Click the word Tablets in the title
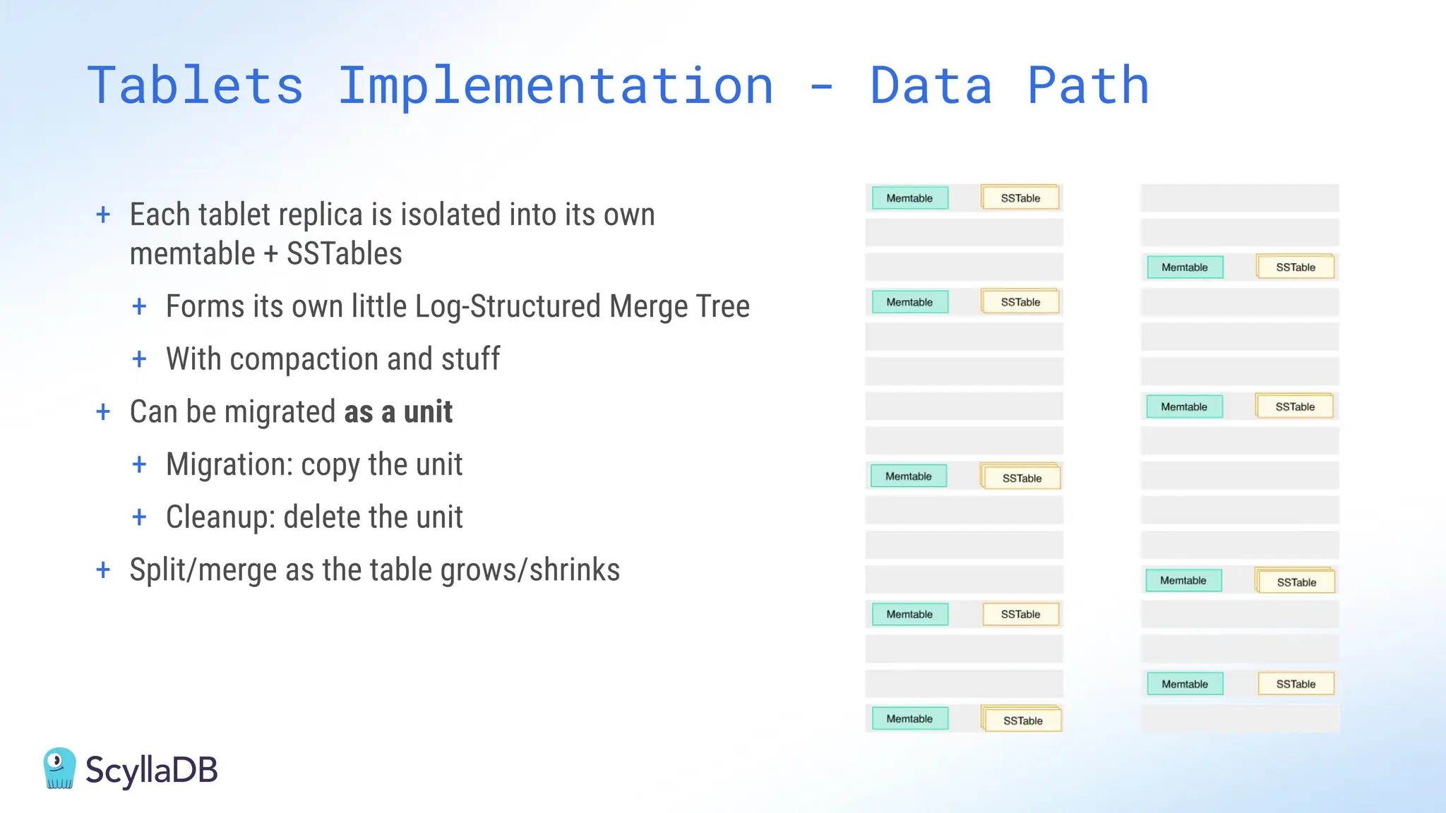(196, 86)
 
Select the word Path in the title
(1087, 86)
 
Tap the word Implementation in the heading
(556, 86)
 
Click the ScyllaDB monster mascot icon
(59, 769)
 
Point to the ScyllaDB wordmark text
(151, 770)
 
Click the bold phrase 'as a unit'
(398, 412)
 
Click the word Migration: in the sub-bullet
(229, 465)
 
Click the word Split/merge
(203, 570)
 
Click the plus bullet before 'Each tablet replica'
(103, 215)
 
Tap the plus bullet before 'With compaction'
(139, 359)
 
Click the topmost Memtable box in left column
(909, 198)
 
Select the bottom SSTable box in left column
(1022, 721)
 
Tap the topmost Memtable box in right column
(1185, 267)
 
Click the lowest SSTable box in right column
(1296, 684)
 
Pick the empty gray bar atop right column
(1240, 198)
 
